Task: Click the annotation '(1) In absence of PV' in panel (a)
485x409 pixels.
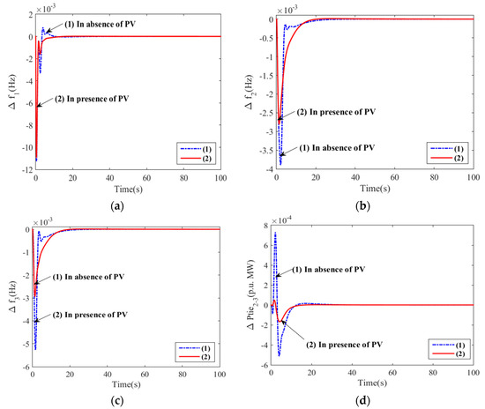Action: click(x=102, y=25)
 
